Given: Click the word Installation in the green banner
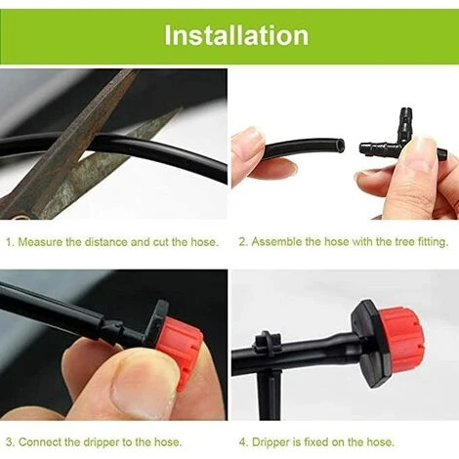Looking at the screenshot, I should [235, 36].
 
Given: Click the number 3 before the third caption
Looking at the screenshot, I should [9, 441].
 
